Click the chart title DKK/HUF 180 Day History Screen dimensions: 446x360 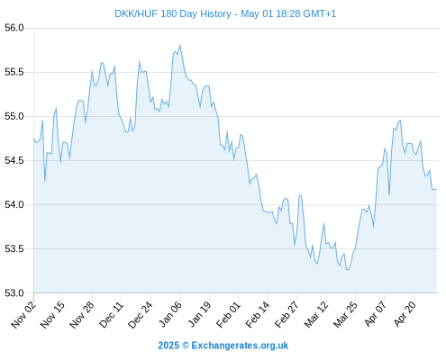click(173, 13)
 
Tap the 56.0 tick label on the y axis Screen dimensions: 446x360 click(14, 28)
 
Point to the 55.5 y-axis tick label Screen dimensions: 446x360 click(14, 72)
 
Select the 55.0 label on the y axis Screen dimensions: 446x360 click(14, 116)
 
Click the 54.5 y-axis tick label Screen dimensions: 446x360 click(14, 160)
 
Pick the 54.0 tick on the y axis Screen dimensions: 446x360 click(14, 204)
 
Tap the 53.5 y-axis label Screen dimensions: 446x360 click(14, 248)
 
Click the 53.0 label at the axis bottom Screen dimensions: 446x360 click(14, 292)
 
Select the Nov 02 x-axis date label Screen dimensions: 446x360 click(23, 315)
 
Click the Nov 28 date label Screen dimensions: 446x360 click(82, 315)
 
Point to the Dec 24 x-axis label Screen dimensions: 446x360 click(141, 315)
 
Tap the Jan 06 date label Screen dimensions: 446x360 click(170, 315)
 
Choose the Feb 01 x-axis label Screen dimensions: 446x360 click(229, 315)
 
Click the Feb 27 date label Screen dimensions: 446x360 click(287, 315)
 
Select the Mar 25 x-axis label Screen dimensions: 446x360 click(346, 315)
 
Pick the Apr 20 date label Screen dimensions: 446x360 click(405, 314)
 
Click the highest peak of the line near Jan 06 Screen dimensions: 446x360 click(180, 45)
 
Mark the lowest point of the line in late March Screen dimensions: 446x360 click(348, 270)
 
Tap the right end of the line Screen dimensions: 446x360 click(436, 189)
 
